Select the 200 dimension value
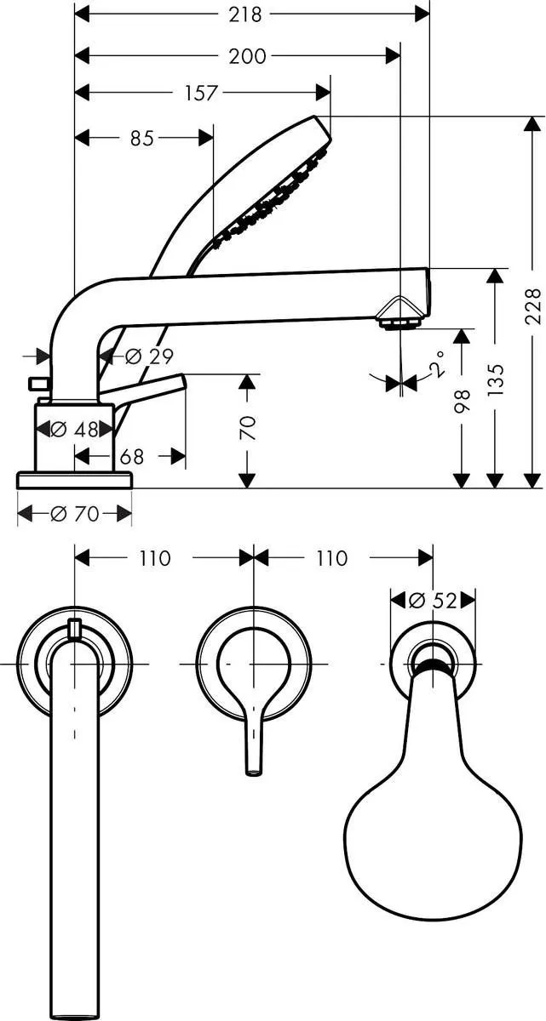247,56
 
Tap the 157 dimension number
201,94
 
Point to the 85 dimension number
142,138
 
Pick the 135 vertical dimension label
496,379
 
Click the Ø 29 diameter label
144,357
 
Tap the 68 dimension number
131,457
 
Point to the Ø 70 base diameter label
75,513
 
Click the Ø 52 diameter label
432,600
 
